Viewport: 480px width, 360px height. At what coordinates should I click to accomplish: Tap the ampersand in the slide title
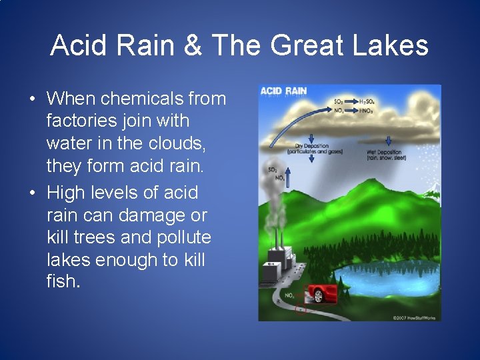coord(193,45)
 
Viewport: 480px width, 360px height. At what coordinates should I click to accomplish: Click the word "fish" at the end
coord(61,282)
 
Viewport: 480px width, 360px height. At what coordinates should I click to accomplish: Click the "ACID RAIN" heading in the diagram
coord(283,91)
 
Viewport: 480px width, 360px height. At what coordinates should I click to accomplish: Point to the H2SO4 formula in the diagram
coord(367,101)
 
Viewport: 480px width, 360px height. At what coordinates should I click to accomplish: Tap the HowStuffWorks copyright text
coord(413,317)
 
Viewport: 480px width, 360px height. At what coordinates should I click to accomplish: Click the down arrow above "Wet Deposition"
coord(388,141)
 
